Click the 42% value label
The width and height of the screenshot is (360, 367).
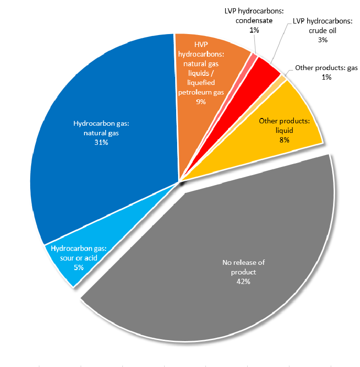click(243, 282)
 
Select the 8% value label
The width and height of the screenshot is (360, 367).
click(284, 140)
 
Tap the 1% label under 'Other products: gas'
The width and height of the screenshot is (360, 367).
click(326, 77)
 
